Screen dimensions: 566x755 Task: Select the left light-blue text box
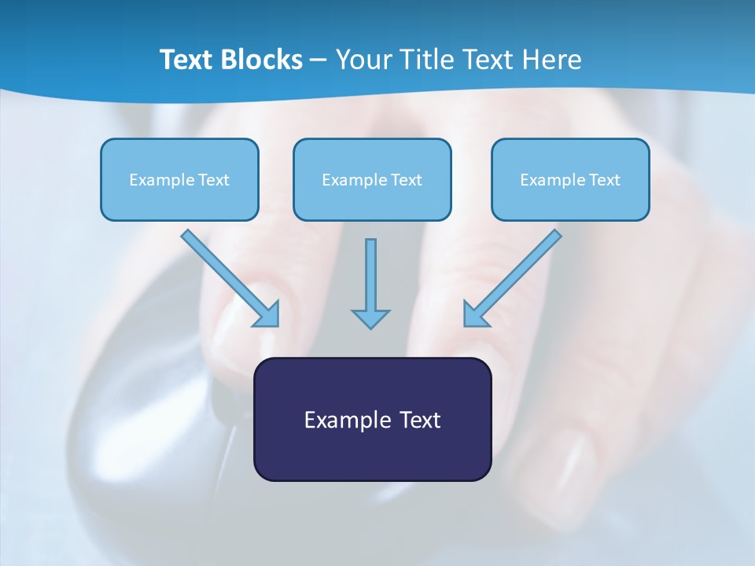(179, 197)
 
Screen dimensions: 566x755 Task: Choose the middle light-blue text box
(372, 197)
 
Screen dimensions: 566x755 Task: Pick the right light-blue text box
(570, 197)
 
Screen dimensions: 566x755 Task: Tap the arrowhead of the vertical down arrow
(370, 318)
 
